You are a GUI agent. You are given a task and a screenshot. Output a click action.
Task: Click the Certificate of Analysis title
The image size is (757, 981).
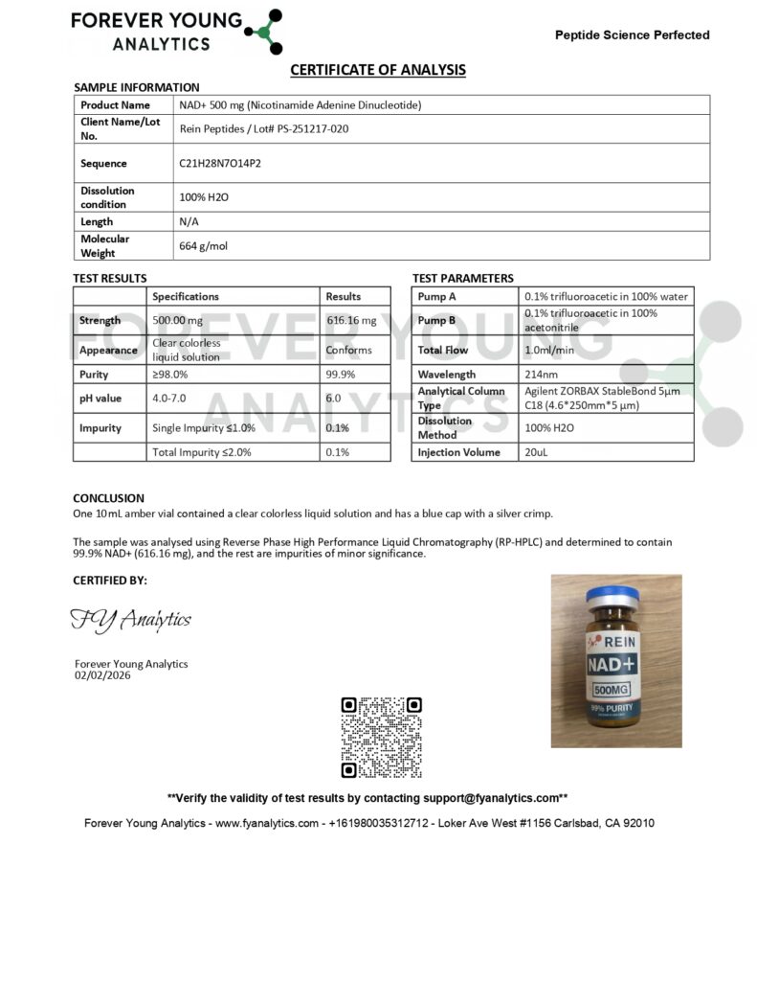click(x=378, y=70)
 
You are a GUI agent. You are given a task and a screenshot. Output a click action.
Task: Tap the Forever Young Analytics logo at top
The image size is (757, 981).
click(x=178, y=31)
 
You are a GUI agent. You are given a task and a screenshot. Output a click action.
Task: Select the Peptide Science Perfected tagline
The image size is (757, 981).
click(x=632, y=35)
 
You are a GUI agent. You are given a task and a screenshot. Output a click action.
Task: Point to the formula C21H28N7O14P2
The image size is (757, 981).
click(x=220, y=163)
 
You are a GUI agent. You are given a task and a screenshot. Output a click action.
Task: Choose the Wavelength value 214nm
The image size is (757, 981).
click(x=540, y=375)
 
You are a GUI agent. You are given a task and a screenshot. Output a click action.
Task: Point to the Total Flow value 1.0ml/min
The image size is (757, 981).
click(x=550, y=351)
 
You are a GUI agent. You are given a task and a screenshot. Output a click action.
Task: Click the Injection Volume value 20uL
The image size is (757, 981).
click(x=536, y=452)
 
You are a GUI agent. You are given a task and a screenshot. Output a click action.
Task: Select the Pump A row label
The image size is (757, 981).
click(x=437, y=297)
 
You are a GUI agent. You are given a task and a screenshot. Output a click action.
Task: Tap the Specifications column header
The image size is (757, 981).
click(x=186, y=297)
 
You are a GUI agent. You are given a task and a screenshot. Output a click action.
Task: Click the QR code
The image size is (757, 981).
click(x=381, y=737)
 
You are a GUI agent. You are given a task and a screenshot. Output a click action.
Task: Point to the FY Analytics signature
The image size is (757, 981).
click(x=131, y=621)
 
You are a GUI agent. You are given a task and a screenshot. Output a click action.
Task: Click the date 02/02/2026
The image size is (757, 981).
click(x=102, y=675)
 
